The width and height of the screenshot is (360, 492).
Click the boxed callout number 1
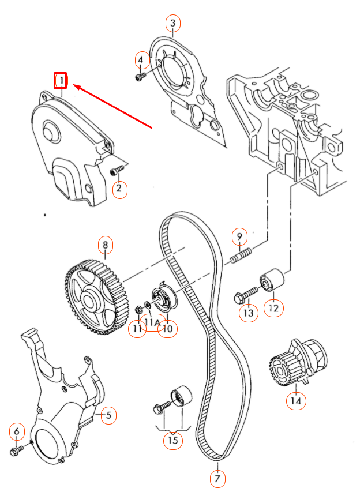point(61,80)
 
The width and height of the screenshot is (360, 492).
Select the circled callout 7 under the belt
point(217,478)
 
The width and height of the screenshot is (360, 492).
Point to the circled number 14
point(296,400)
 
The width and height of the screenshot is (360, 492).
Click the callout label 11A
point(153,321)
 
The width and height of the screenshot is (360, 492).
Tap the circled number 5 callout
point(108,414)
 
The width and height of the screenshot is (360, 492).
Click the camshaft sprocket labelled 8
point(92,296)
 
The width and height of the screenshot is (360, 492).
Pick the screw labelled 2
point(117,171)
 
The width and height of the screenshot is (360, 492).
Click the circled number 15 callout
point(172,441)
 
